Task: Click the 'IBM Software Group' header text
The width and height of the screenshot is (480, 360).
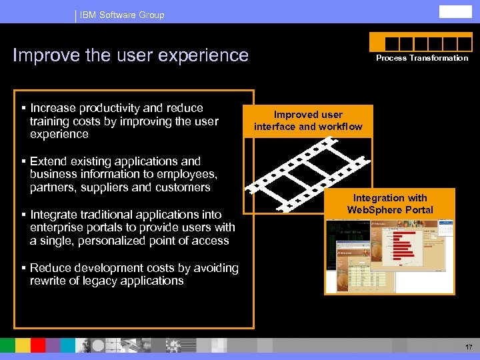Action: [x=122, y=15]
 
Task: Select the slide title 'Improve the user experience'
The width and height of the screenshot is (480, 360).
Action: [x=131, y=55]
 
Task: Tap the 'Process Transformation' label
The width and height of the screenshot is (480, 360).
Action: [x=422, y=58]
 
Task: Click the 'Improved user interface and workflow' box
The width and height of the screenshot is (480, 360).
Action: [x=308, y=121]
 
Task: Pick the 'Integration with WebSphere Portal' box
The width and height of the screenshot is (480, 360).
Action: [x=390, y=204]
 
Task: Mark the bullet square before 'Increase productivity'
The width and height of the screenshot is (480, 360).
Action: [x=23, y=108]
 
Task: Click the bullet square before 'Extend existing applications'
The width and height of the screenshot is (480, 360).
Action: [x=23, y=161]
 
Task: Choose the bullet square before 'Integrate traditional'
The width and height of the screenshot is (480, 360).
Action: [x=23, y=215]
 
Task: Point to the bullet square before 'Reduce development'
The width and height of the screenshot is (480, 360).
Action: [x=23, y=268]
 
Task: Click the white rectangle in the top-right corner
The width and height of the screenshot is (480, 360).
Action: [x=455, y=12]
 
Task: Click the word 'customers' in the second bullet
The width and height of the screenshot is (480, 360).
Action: [x=181, y=187]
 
